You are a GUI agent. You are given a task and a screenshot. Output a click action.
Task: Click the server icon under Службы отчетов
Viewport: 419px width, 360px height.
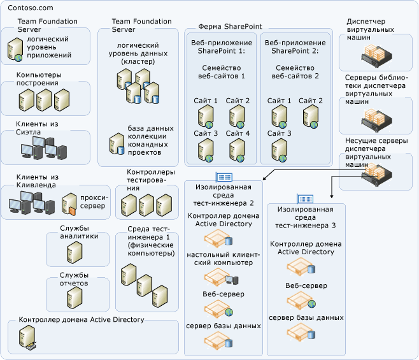click(x=75, y=297)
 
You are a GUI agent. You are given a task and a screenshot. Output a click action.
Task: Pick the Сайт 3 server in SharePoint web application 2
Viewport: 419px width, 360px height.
click(x=279, y=150)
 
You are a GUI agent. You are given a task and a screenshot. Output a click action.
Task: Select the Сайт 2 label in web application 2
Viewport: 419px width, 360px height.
click(x=311, y=101)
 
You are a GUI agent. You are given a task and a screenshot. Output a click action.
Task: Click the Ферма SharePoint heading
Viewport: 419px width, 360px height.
click(x=224, y=27)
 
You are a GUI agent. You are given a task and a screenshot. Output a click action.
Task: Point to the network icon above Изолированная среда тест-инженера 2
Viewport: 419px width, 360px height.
click(x=224, y=176)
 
